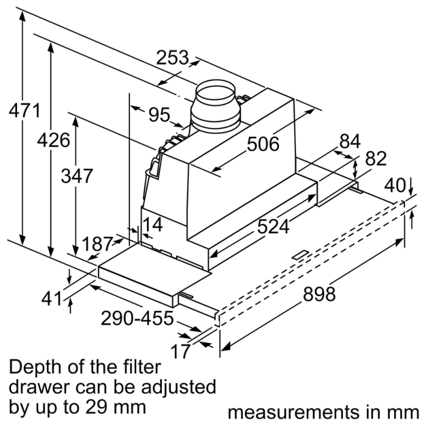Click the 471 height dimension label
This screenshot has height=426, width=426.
[24, 112]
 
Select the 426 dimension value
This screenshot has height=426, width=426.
[53, 141]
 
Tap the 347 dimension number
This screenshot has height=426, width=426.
[77, 176]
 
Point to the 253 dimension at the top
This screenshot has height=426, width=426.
[173, 57]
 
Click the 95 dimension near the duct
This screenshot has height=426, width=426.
[159, 114]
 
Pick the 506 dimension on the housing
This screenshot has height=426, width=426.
[263, 144]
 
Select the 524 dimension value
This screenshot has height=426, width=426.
[273, 227]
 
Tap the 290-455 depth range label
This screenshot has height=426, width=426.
[137, 318]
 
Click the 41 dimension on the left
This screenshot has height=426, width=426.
[52, 299]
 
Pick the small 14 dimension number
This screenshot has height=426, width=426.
[152, 225]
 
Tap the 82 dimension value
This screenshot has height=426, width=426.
[376, 159]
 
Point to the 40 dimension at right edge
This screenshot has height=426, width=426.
[395, 185]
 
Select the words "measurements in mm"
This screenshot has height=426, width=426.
[324, 412]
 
